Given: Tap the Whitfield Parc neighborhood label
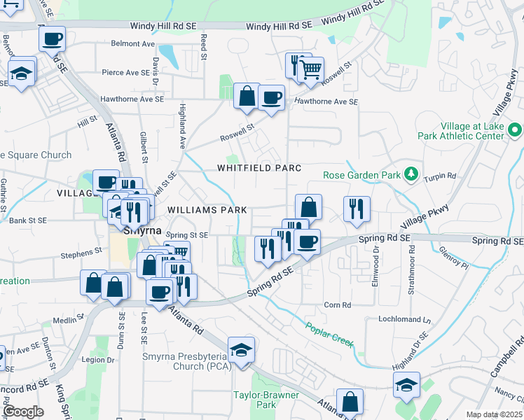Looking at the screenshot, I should (258, 168).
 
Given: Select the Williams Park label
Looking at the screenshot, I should (207, 209).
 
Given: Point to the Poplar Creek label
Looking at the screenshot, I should (329, 335).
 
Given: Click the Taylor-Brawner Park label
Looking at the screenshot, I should (266, 400).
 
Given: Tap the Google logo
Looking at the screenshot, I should (23, 412).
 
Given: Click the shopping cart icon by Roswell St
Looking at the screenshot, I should (310, 70).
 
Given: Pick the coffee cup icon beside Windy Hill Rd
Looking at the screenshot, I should (52, 39).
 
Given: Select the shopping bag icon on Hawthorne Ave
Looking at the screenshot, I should (247, 97).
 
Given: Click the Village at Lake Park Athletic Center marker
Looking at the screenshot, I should (515, 130).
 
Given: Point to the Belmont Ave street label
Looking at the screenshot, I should (133, 43).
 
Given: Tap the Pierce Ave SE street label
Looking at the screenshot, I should (125, 72).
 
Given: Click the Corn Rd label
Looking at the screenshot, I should (337, 304).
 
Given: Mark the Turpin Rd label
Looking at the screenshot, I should (442, 176).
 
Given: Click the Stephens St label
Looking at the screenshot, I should (81, 256).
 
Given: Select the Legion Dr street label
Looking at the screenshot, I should (97, 360).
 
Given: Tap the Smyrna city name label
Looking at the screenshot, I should (143, 230).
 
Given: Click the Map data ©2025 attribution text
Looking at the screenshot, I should (494, 414).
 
